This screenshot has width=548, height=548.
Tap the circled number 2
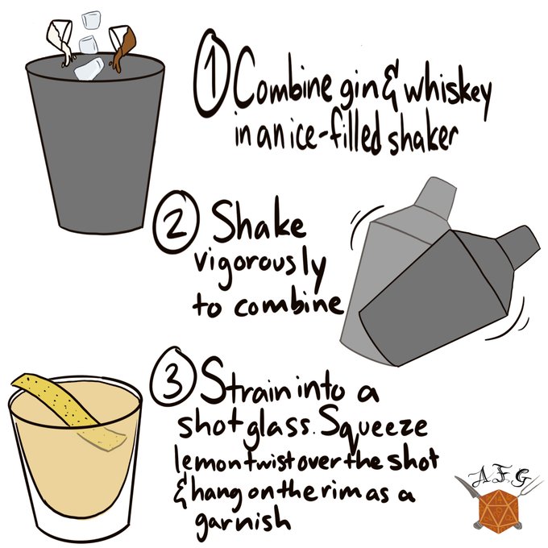[176, 221]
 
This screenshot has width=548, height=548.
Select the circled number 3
[173, 378]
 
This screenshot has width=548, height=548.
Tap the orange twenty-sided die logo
[498, 509]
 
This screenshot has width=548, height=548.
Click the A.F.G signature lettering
[499, 479]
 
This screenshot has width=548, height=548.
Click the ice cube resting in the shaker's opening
[89, 68]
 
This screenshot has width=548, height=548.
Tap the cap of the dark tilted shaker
[517, 240]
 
